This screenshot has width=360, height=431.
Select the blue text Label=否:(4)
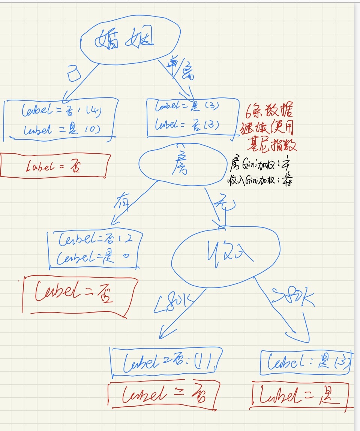(x=60, y=111)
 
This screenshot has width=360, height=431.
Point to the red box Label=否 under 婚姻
(x=55, y=165)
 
